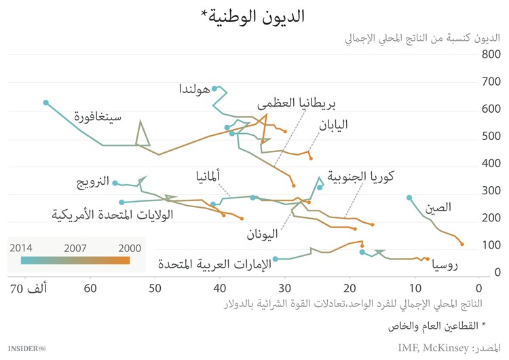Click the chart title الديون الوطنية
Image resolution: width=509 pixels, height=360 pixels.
tap(254, 16)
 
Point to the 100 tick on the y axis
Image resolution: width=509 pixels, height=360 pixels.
tap(491, 245)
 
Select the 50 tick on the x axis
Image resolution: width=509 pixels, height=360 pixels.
tap(155, 288)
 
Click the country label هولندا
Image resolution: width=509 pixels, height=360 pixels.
tap(195, 89)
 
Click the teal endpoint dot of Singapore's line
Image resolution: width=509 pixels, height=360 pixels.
tap(45, 103)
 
